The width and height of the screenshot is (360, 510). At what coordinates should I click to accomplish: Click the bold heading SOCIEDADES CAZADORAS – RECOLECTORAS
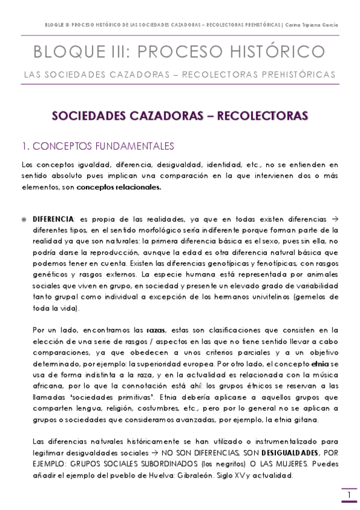point(180,115)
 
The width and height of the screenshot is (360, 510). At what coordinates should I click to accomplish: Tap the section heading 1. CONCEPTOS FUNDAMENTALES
point(97,146)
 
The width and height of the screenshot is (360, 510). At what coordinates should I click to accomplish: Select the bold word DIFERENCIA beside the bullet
point(53,220)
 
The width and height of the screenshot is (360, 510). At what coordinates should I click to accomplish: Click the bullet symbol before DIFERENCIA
point(24,220)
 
